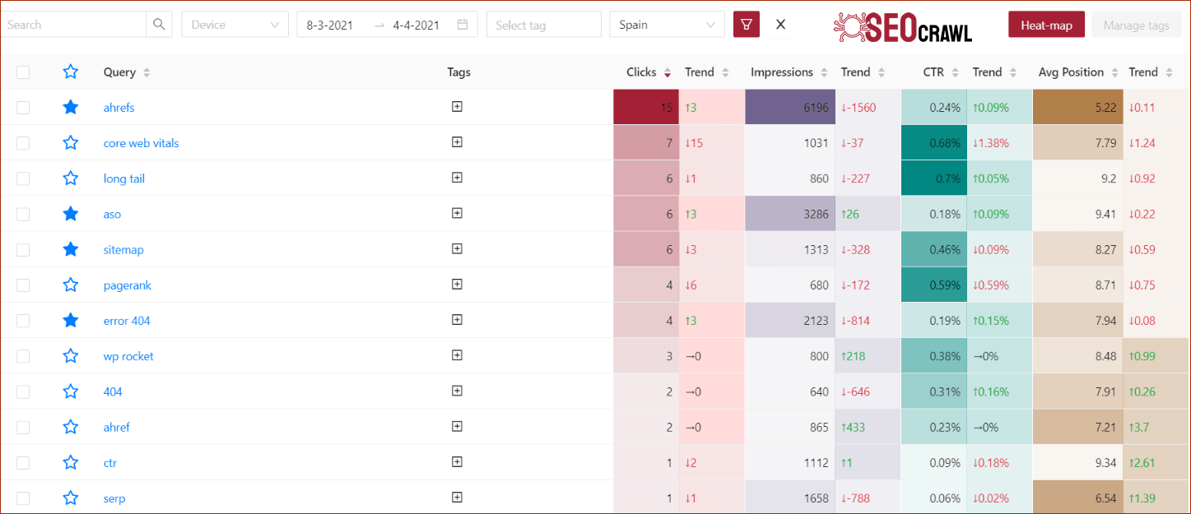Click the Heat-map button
[1046, 25]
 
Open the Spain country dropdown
[667, 25]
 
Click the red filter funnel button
[747, 25]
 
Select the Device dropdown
[235, 25]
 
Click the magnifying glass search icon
[160, 25]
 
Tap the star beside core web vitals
[71, 143]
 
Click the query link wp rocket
[128, 356]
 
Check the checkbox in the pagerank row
[23, 285]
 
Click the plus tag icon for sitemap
[458, 248]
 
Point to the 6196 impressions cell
[789, 108]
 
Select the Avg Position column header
[1071, 72]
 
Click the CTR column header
[933, 72]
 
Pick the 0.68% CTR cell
[933, 143]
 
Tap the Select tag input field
[543, 25]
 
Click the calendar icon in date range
[463, 25]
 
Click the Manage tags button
[1136, 25]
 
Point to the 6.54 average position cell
[1077, 498]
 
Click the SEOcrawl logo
[902, 26]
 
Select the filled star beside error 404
[71, 321]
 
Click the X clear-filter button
[780, 25]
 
